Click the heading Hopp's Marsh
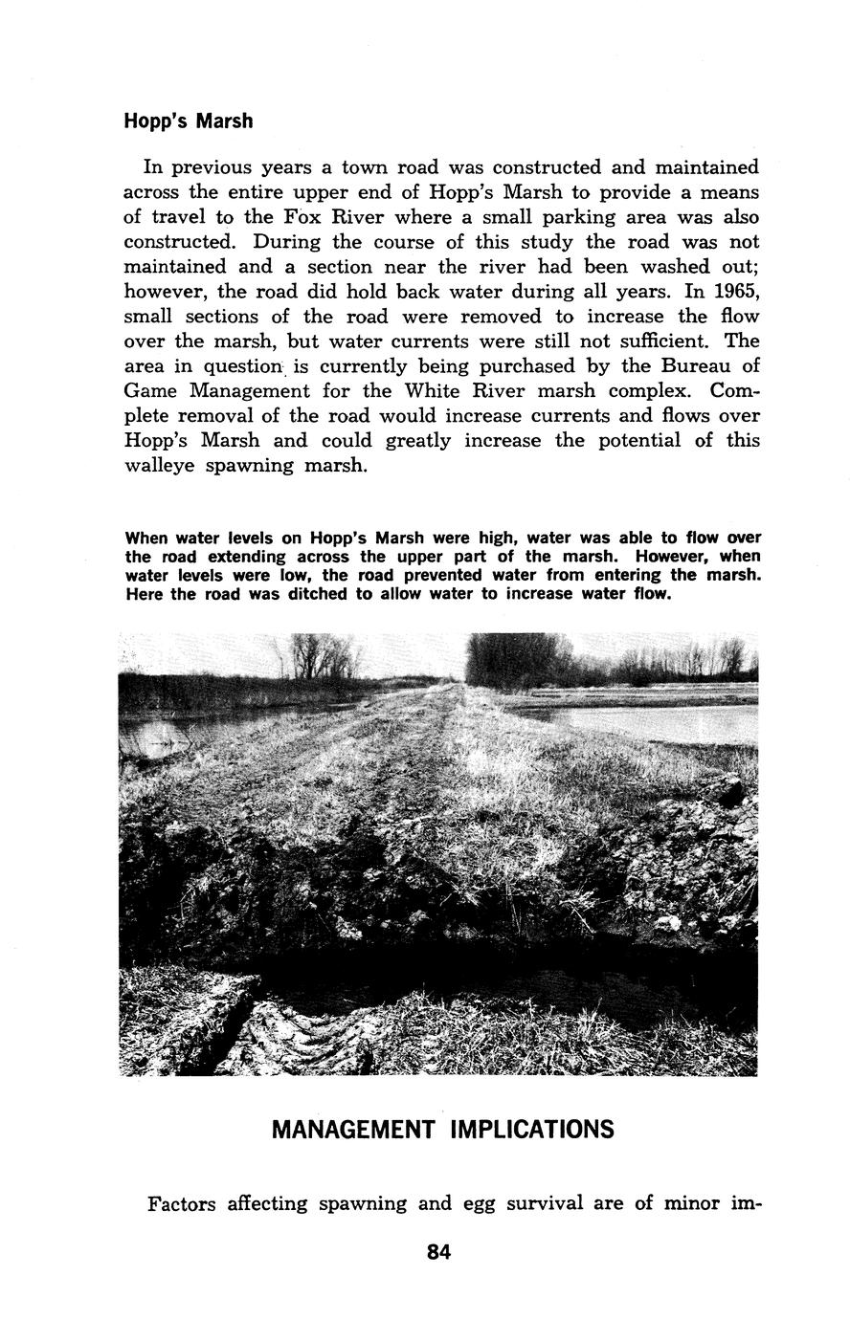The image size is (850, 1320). click(189, 121)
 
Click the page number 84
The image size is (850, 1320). click(439, 1252)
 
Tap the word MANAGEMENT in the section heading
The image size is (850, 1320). click(353, 1130)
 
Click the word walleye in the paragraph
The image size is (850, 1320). click(159, 466)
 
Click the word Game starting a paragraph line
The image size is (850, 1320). click(152, 391)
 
